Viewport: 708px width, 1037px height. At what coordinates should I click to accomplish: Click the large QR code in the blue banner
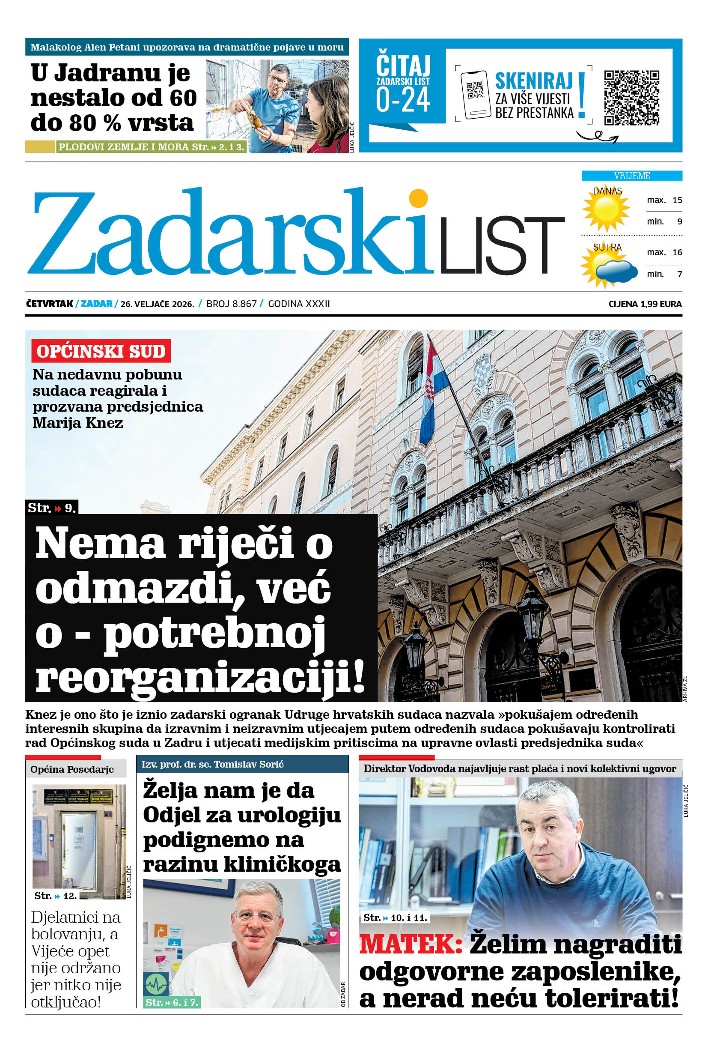[631, 98]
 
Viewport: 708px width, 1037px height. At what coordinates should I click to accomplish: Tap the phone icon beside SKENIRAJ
[475, 95]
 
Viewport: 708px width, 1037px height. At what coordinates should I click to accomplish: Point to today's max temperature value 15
[677, 200]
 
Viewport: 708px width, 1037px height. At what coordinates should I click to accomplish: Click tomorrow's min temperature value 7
[679, 275]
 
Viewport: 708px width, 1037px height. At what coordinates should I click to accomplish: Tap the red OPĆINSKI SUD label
[101, 351]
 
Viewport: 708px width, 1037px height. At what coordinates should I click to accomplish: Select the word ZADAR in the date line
[96, 304]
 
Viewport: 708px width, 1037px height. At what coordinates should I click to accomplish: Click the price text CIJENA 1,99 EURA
[645, 304]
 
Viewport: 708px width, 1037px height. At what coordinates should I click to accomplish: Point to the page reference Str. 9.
[52, 508]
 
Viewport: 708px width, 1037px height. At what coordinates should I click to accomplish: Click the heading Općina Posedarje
[72, 769]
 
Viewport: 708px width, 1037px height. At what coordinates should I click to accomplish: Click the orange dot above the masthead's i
[418, 198]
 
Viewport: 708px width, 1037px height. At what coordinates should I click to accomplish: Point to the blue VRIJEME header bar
[631, 176]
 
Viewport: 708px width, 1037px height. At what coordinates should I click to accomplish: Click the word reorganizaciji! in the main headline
[199, 677]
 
